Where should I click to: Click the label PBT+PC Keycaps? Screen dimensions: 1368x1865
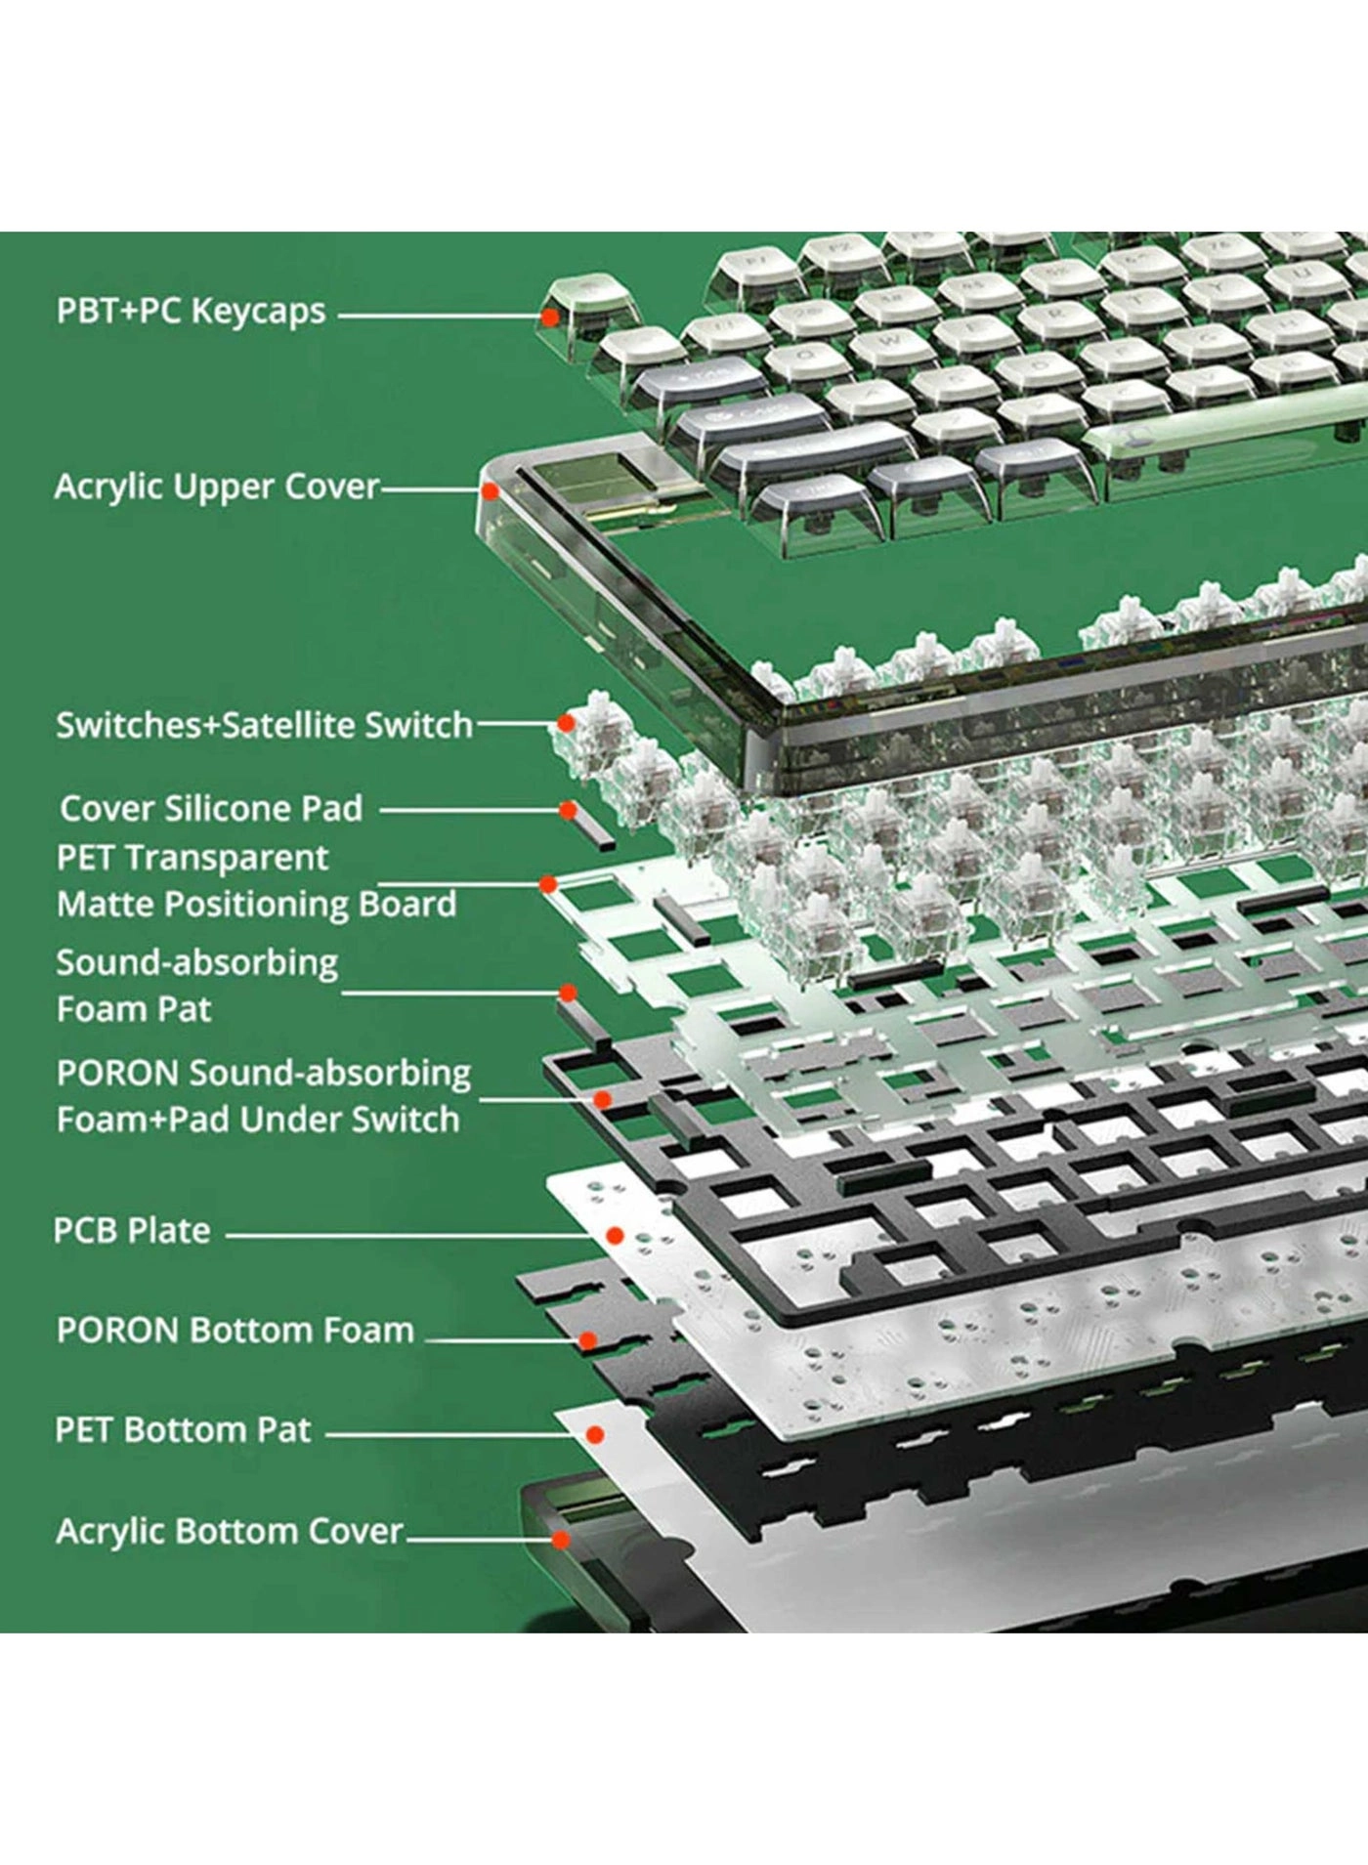click(191, 312)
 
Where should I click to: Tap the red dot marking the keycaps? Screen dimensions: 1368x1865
click(550, 317)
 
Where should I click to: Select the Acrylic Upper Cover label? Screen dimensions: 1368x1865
click(217, 487)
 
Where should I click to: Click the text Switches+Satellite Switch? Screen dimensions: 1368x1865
click(264, 725)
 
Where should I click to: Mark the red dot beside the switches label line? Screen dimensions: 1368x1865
click(566, 723)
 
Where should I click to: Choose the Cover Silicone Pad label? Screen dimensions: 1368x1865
click(211, 809)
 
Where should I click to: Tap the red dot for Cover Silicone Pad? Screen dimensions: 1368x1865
click(568, 810)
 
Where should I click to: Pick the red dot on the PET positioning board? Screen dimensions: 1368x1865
click(548, 884)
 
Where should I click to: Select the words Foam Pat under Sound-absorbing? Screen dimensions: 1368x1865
click(134, 1009)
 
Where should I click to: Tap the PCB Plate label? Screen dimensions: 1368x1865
click(132, 1231)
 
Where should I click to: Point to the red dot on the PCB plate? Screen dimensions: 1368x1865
click(615, 1236)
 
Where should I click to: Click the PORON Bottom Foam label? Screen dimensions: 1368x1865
click(235, 1331)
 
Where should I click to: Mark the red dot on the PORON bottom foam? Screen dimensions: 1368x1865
click(587, 1341)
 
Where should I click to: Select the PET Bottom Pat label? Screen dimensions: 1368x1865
click(183, 1430)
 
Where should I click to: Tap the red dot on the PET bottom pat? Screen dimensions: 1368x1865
click(594, 1434)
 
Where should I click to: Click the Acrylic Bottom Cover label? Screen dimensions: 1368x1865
click(230, 1531)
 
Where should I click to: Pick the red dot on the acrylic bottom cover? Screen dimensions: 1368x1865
click(561, 1540)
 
